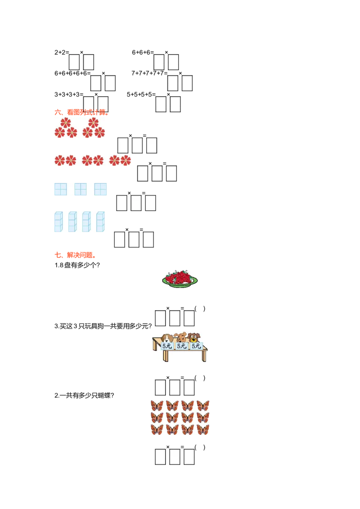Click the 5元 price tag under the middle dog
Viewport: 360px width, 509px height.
tap(181, 346)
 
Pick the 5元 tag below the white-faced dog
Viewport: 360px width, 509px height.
tap(167, 346)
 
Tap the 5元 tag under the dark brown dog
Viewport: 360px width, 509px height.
tap(196, 346)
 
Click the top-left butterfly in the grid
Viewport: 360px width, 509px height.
tap(157, 406)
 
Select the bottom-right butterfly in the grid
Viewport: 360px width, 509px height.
tap(203, 429)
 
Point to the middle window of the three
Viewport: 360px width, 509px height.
tap(81, 189)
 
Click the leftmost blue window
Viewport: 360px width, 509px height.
tap(60, 189)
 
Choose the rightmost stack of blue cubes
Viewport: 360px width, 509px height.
tap(100, 222)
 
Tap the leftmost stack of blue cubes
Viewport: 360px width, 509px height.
tap(58, 222)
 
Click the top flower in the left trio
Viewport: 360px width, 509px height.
tap(66, 123)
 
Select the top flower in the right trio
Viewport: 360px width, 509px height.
tap(93, 123)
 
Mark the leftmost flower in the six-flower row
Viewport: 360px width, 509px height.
tap(59, 161)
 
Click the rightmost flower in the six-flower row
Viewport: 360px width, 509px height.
tap(126, 161)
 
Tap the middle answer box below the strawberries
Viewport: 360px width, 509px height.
tap(174, 316)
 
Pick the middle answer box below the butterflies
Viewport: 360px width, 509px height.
tap(174, 454)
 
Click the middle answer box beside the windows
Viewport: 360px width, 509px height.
tap(136, 203)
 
